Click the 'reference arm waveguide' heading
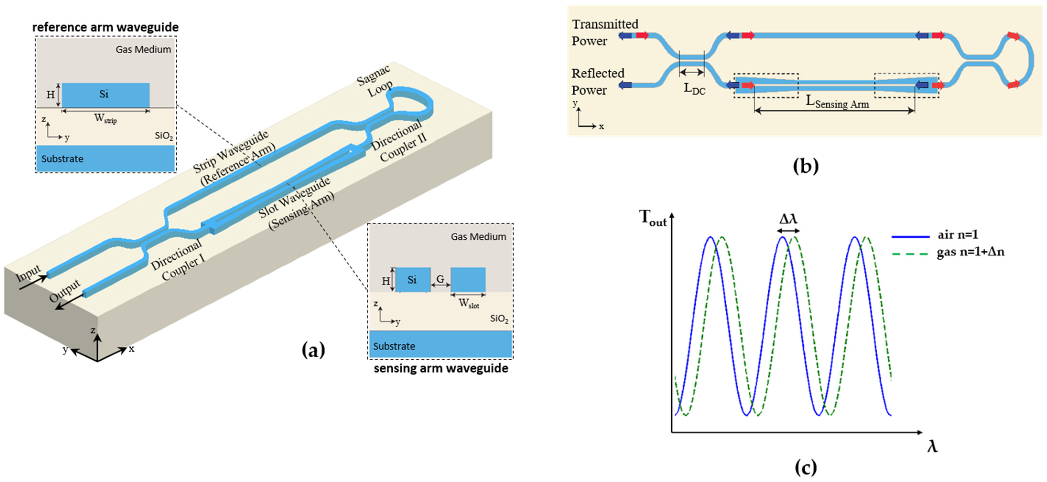coord(105,27)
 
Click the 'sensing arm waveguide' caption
coord(441,368)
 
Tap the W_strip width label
coord(105,119)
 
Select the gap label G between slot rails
coord(440,279)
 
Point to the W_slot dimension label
coord(469,303)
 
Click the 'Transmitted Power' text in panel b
coord(604,32)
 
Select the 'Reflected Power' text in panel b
coord(598,82)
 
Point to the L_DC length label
coord(694,88)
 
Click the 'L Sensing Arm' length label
coord(837,103)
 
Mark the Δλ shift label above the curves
coord(788,219)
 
